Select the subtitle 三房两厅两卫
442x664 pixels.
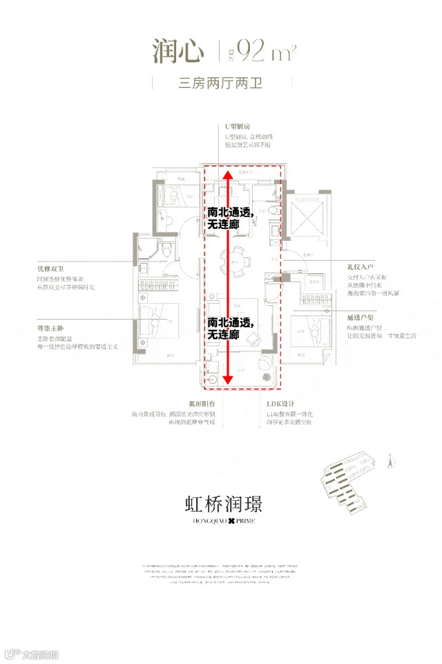point(221,84)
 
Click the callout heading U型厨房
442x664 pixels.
point(235,127)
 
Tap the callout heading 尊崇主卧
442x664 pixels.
point(50,329)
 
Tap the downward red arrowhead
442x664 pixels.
point(228,378)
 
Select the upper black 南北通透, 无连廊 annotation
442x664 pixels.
point(230,219)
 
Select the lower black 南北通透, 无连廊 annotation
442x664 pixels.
point(230,328)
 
